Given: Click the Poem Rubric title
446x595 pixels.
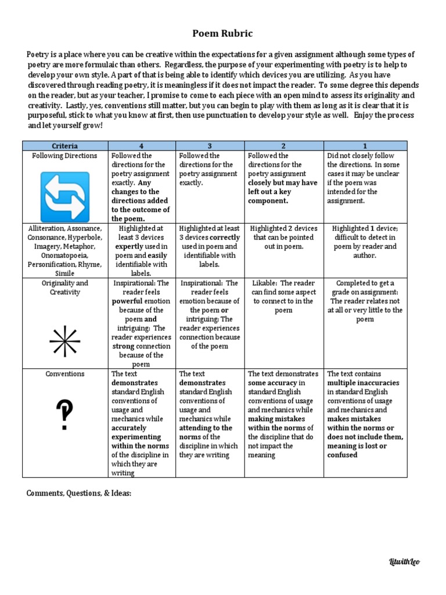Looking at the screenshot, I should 222,34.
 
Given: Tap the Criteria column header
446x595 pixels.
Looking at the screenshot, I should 65,146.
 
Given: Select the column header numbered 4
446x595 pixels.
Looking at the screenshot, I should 142,146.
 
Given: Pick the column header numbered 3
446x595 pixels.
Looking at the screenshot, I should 210,146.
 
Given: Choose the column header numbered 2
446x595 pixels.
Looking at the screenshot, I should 284,146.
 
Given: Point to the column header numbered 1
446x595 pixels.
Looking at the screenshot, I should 365,146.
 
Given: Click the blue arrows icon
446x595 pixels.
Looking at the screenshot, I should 65,192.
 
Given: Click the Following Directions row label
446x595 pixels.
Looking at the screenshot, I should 65,156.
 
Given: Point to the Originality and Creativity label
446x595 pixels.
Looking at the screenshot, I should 65,288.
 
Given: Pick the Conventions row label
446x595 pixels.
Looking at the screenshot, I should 65,374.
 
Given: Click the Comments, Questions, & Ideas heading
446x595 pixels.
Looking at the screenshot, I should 80,493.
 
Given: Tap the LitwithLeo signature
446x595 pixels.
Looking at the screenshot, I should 404,561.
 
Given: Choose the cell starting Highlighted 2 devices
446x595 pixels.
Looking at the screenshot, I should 284,237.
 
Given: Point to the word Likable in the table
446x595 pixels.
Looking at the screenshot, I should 264,283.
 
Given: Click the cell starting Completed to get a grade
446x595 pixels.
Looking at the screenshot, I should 365,301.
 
